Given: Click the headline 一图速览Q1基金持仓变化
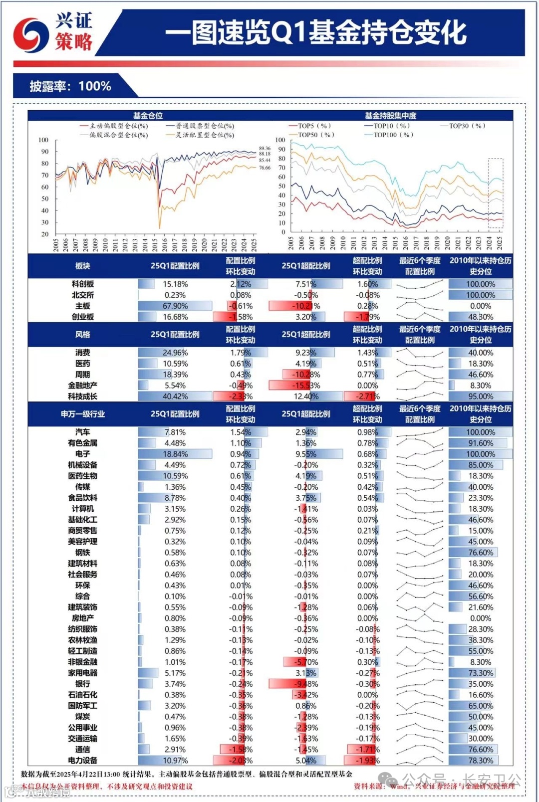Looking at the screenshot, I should (x=315, y=33).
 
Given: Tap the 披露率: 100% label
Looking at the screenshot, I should (x=70, y=86).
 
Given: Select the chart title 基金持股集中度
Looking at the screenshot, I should (x=390, y=116).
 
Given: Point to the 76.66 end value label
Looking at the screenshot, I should (x=265, y=168).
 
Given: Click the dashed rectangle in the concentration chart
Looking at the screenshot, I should (x=495, y=193).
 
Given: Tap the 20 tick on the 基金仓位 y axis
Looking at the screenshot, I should (x=45, y=234).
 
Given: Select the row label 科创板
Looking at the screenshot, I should (x=83, y=284).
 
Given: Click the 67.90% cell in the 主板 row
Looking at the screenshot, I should (x=175, y=306).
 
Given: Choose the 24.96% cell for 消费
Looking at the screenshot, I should (x=175, y=353).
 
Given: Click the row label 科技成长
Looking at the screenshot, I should (x=83, y=397).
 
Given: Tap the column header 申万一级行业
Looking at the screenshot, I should (x=83, y=414).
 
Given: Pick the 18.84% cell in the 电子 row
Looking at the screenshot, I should (x=175, y=454).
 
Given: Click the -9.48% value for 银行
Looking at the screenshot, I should (x=306, y=684).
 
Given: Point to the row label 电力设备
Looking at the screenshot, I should (x=83, y=761).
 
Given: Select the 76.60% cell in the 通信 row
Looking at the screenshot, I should (x=481, y=750).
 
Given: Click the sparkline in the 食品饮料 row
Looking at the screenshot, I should (x=420, y=498).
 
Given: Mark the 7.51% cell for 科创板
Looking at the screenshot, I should (x=306, y=284).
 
